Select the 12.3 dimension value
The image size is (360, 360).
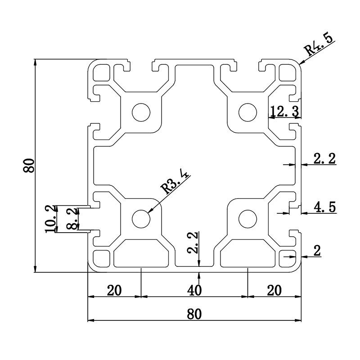click(284, 111)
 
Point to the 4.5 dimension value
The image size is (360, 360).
click(324, 207)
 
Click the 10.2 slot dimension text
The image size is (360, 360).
click(51, 219)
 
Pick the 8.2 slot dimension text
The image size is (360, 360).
click(71, 219)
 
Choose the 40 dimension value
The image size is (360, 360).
click(194, 291)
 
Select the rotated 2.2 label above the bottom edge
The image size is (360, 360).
click(193, 243)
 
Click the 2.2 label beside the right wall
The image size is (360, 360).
click(324, 159)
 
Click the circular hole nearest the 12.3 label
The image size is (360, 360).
click(247, 112)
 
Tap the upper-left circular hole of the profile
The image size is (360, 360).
click(141, 112)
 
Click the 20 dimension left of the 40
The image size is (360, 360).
click(114, 291)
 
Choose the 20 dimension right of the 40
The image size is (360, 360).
click(274, 291)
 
